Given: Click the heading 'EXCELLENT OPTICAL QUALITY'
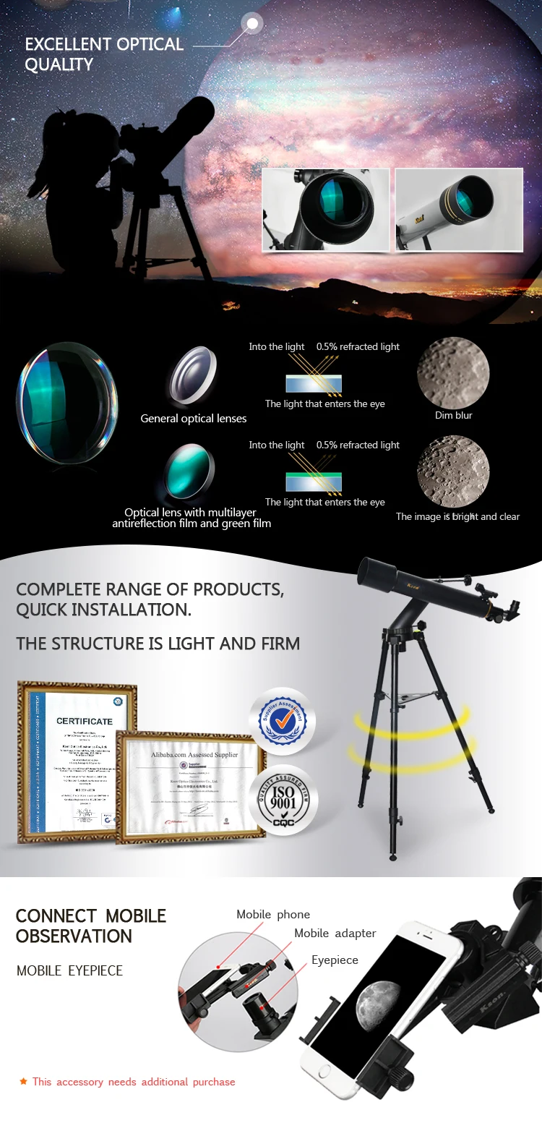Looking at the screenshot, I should pos(104,54).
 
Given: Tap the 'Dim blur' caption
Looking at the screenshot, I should pos(453,416).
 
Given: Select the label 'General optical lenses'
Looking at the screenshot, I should pos(193,419).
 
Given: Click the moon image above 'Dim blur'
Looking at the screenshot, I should pos(453,374).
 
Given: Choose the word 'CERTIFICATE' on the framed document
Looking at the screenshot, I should pos(85,721).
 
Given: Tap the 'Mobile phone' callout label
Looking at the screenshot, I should pos(273,915).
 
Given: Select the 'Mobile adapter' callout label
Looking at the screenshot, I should pos(335,934).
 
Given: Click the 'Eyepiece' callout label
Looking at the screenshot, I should pos(335,960).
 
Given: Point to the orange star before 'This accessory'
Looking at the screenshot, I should pos(23,1082).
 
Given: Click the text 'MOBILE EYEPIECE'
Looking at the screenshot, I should pos(69,971).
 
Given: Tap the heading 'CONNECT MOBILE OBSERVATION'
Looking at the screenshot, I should pos(90,926).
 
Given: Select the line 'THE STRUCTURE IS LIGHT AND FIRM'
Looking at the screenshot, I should pos(158,644).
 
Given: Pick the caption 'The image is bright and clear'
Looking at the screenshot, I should pos(457,517).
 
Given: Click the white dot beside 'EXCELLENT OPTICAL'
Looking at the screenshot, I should pos(253,24).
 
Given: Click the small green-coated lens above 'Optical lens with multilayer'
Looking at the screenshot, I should pos(190,470).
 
